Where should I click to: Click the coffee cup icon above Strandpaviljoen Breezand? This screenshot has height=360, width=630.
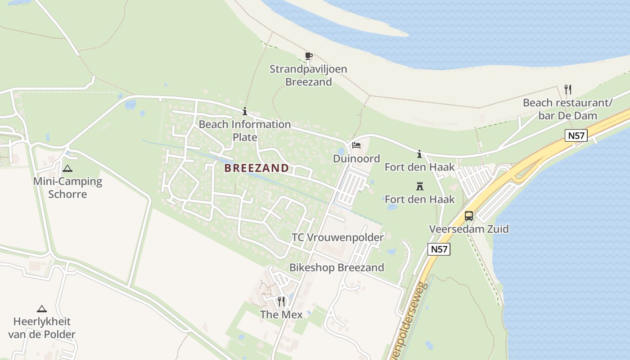click(308, 56)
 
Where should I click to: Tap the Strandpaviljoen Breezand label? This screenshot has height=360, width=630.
click(308, 76)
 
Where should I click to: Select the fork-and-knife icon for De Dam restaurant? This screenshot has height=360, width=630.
click(568, 89)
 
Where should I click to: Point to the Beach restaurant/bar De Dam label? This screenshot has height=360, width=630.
click(567, 109)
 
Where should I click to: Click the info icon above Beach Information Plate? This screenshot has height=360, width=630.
click(245, 111)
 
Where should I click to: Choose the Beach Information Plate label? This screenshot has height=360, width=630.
click(245, 130)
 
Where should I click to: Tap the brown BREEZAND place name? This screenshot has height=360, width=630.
click(256, 168)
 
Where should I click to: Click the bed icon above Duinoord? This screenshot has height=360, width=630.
click(356, 145)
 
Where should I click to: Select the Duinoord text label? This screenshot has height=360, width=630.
click(356, 158)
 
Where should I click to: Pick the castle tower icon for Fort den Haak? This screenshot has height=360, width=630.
click(420, 186)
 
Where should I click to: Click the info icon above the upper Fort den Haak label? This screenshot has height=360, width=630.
click(420, 154)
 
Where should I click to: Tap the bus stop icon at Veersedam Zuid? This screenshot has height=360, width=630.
click(469, 216)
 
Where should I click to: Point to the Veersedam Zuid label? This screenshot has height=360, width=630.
click(469, 229)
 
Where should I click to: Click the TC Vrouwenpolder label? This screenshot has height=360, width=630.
click(337, 238)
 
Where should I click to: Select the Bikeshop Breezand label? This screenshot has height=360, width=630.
click(337, 268)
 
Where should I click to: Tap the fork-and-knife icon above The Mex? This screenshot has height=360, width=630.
click(281, 301)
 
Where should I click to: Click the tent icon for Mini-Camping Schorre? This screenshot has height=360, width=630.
click(67, 169)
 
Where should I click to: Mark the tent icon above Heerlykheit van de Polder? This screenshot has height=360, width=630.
click(42, 309)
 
